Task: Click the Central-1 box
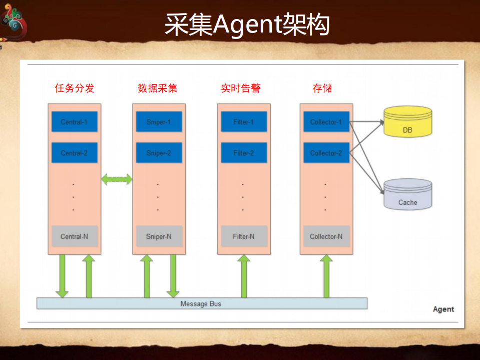74,122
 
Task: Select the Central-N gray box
74,236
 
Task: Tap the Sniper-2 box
159,153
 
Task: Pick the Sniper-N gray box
159,236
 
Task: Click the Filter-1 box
243,122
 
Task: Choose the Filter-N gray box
243,236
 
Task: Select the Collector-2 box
326,153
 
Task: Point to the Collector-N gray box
326,236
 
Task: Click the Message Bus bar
202,303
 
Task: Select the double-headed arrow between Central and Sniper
117,179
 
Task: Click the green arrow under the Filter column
244,276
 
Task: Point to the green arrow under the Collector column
326,276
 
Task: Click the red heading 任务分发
75,89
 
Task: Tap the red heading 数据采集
158,89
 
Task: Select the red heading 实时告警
241,89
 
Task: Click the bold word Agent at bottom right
443,309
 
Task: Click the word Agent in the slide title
245,25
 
